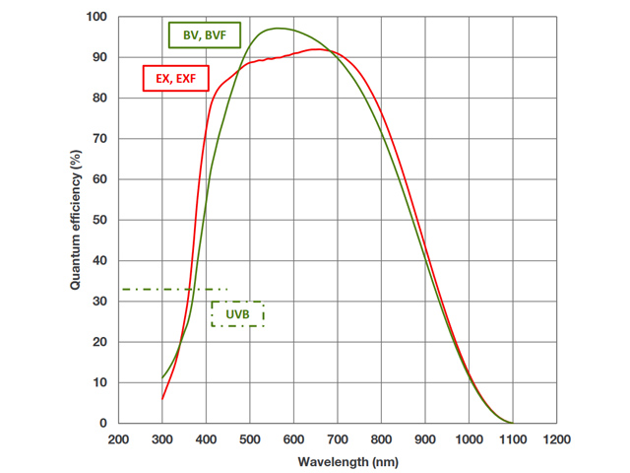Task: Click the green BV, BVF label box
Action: click(205, 36)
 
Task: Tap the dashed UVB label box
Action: click(237, 314)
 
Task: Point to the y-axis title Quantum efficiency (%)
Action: click(75, 220)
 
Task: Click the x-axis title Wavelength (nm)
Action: click(338, 460)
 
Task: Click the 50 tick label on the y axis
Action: click(98, 220)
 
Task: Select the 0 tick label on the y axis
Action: click(102, 423)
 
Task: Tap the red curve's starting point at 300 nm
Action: click(162, 399)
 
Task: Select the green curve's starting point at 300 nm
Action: click(162, 378)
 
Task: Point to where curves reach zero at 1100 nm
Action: click(512, 423)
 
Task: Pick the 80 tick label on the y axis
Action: click(98, 98)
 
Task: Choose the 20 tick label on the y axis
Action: click(98, 342)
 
